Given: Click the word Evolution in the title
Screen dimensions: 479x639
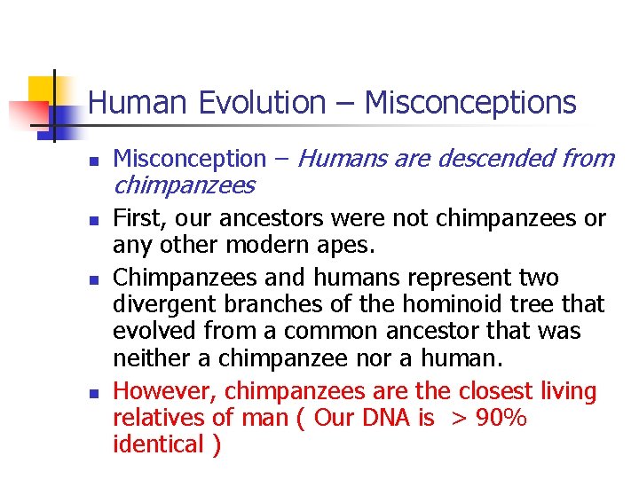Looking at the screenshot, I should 262,103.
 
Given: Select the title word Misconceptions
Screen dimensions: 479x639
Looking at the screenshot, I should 470,103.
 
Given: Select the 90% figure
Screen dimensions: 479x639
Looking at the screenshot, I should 501,418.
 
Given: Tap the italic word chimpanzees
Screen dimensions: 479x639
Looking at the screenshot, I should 184,185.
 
